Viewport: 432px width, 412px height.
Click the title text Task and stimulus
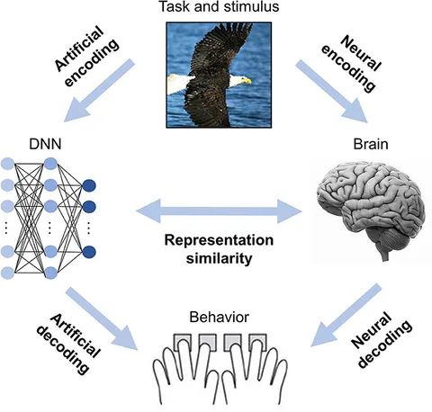pos(219,6)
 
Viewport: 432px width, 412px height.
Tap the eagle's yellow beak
pos(247,81)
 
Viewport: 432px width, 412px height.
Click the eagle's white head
pos(238,80)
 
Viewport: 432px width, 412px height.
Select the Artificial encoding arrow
pos(99,90)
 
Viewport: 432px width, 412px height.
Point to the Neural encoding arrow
pos(332,91)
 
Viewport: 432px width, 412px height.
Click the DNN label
pos(45,144)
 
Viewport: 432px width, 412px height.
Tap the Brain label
pos(371,144)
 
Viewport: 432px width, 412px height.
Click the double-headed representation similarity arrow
pos(219,211)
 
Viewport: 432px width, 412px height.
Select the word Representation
pos(219,240)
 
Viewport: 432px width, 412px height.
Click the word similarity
pos(219,258)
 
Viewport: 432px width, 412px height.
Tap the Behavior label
pos(220,317)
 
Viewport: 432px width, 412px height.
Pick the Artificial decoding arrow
pos(102,318)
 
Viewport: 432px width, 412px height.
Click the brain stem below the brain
pos(385,254)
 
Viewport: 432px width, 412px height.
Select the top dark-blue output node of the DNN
pos(89,185)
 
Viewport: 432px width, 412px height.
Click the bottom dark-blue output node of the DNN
pos(89,252)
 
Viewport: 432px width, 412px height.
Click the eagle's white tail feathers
pos(180,85)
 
